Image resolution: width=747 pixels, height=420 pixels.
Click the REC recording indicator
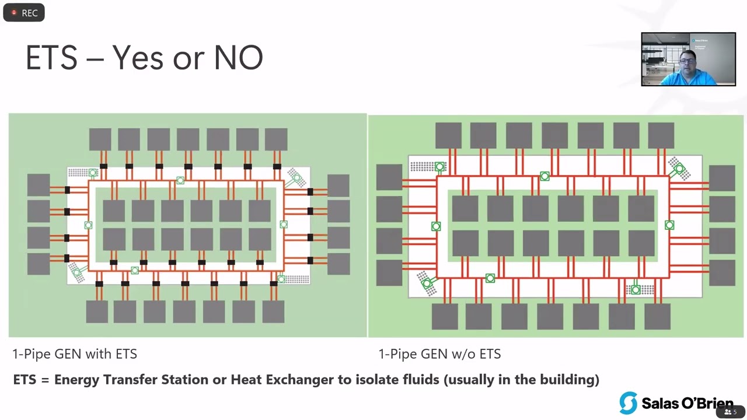24,13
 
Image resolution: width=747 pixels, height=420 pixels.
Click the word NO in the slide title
238,58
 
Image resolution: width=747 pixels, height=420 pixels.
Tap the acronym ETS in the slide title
51,58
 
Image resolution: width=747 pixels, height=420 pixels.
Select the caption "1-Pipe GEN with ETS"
75,353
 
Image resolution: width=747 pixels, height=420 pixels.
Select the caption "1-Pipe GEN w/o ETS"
439,353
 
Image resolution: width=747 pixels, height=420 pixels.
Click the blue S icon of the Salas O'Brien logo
628,403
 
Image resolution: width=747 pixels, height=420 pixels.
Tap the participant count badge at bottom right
731,412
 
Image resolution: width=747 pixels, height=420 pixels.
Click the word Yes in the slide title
138,58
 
